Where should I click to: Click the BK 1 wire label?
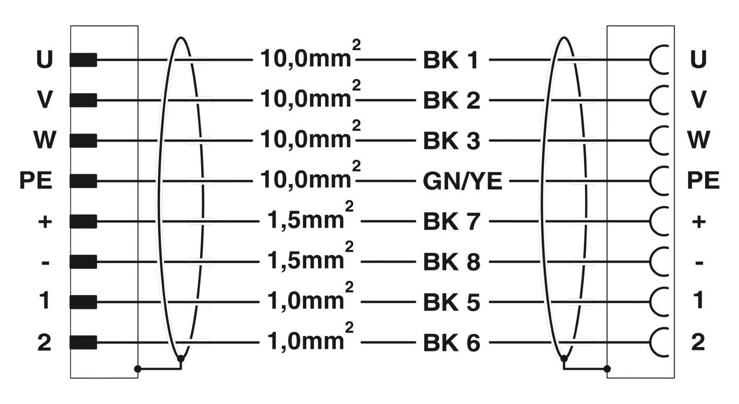pyautogui.click(x=450, y=60)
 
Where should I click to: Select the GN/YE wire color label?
pyautogui.click(x=462, y=181)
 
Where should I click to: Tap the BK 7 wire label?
pyautogui.click(x=451, y=221)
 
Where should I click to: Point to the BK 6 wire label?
pyautogui.click(x=451, y=342)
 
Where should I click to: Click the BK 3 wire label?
pyautogui.click(x=451, y=141)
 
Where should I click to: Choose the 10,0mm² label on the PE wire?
pyautogui.click(x=310, y=175)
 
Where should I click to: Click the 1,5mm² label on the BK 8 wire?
pyautogui.click(x=310, y=256)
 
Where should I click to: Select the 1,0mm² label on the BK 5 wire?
pyautogui.click(x=310, y=297)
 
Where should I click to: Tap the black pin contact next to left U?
pyautogui.click(x=83, y=60)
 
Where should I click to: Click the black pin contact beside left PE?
pyautogui.click(x=83, y=181)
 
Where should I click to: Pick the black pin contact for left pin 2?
pyautogui.click(x=83, y=342)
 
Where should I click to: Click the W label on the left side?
pyautogui.click(x=44, y=140)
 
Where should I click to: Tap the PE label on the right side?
pyautogui.click(x=703, y=180)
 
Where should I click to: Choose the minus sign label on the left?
pyautogui.click(x=45, y=263)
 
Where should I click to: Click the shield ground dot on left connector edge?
pyautogui.click(x=138, y=369)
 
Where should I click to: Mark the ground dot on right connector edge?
pyautogui.click(x=607, y=369)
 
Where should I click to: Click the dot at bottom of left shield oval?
pyautogui.click(x=181, y=359)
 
